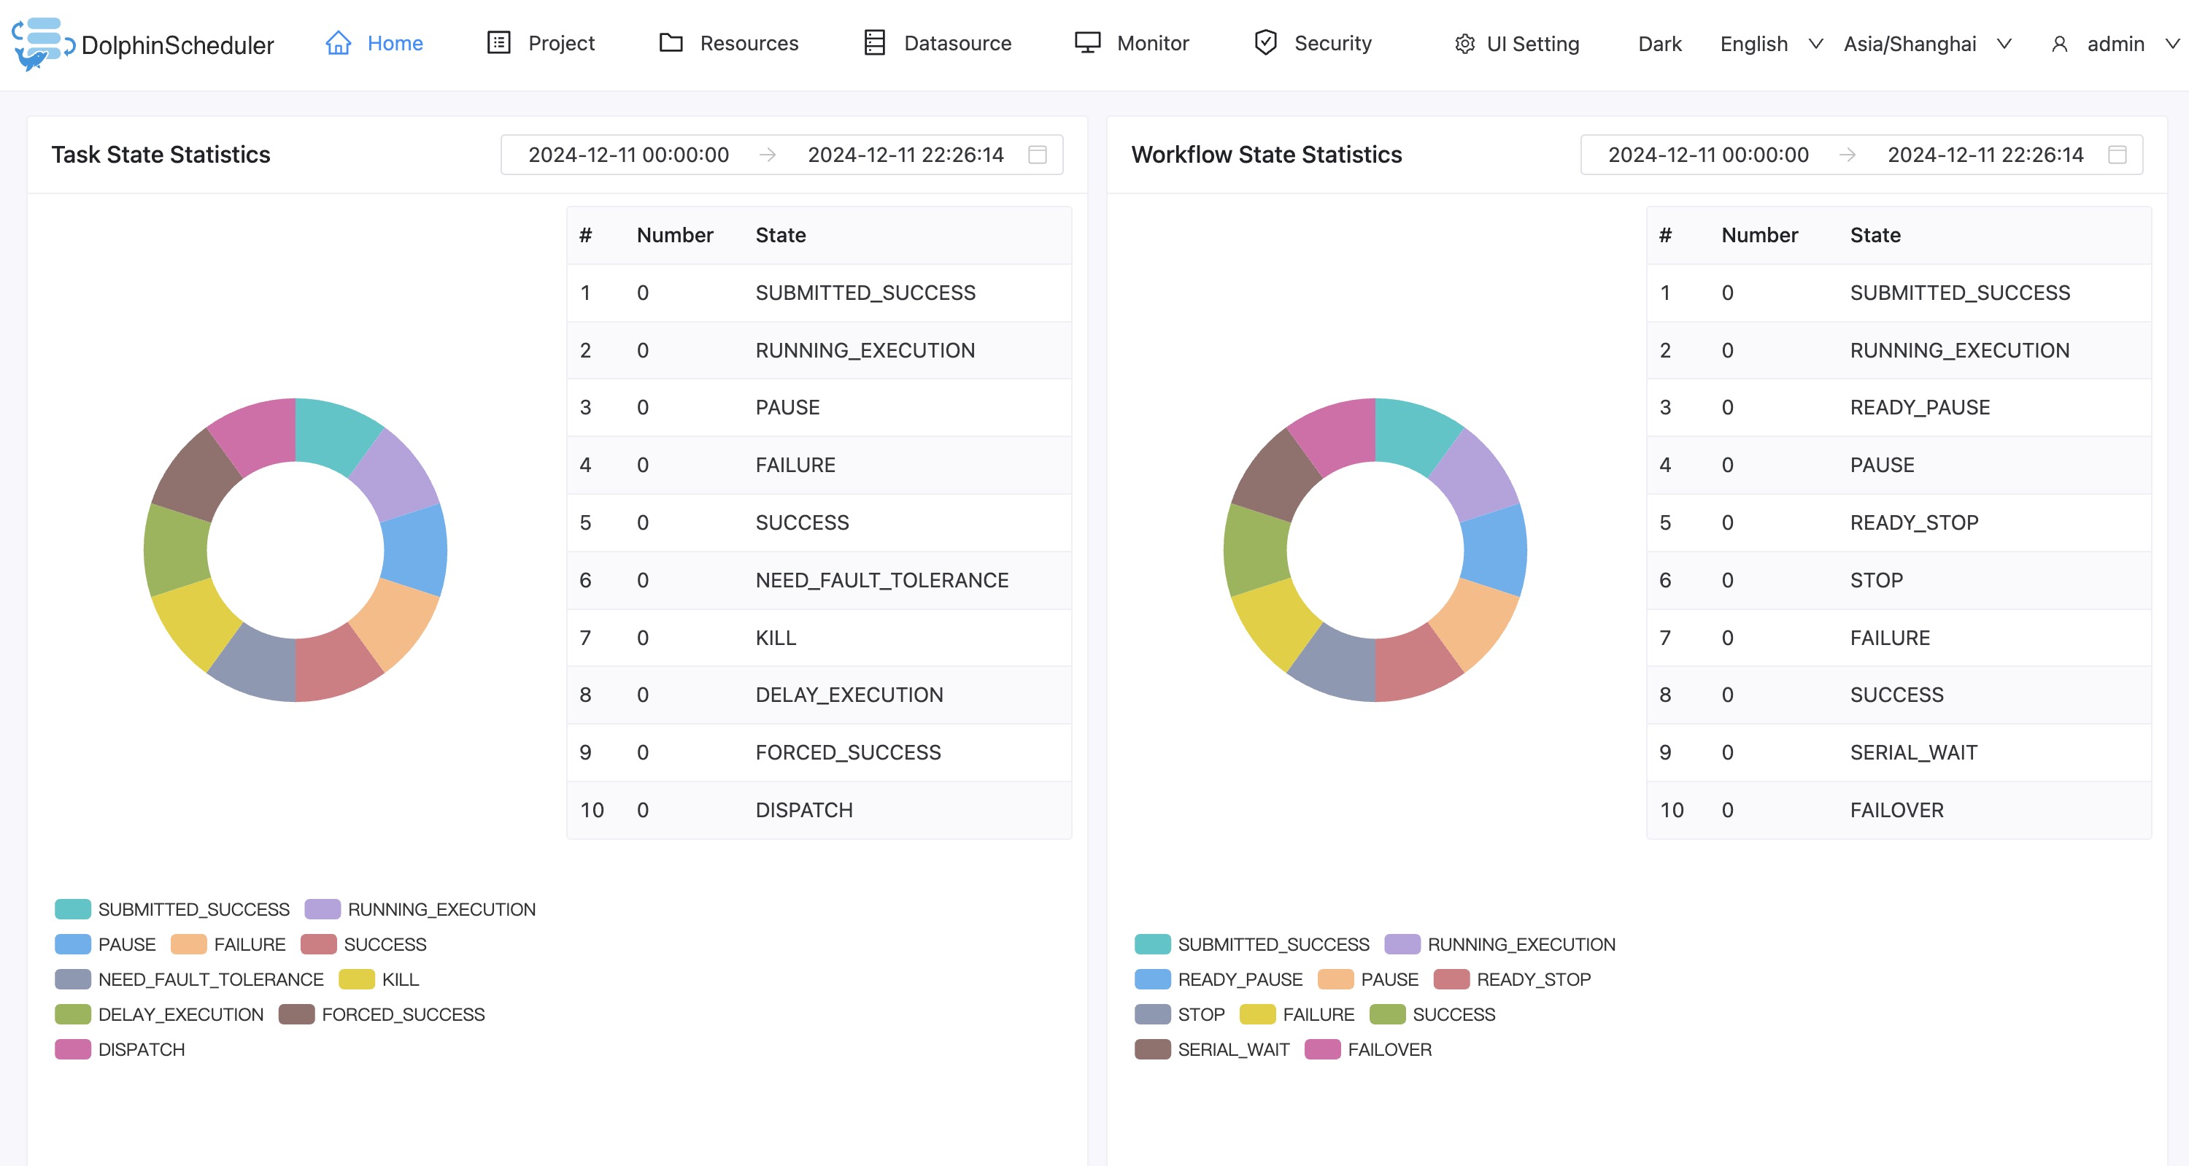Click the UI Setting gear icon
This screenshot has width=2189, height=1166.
pyautogui.click(x=1464, y=43)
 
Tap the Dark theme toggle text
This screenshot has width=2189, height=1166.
pyautogui.click(x=1659, y=43)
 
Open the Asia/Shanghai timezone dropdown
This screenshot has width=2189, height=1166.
pyautogui.click(x=1926, y=43)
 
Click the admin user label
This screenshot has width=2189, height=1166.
pyautogui.click(x=2115, y=43)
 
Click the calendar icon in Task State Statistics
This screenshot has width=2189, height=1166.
pyautogui.click(x=1037, y=155)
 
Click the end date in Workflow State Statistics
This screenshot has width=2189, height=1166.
pyautogui.click(x=1985, y=155)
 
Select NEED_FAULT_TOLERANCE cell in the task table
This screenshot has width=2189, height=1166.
pyautogui.click(x=881, y=581)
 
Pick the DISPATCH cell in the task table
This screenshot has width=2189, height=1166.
pyautogui.click(x=804, y=810)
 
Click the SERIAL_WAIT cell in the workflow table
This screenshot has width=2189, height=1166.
pyautogui.click(x=1914, y=752)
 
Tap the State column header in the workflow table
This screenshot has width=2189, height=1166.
pyautogui.click(x=1875, y=236)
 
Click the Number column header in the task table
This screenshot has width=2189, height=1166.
pyautogui.click(x=675, y=236)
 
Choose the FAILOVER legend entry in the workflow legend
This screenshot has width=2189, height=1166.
pyautogui.click(x=1368, y=1049)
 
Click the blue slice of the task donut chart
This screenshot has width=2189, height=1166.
pyautogui.click(x=414, y=549)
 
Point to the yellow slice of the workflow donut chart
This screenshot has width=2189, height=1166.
pyautogui.click(x=1277, y=625)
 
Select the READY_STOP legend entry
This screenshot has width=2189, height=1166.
pyautogui.click(x=1513, y=979)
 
